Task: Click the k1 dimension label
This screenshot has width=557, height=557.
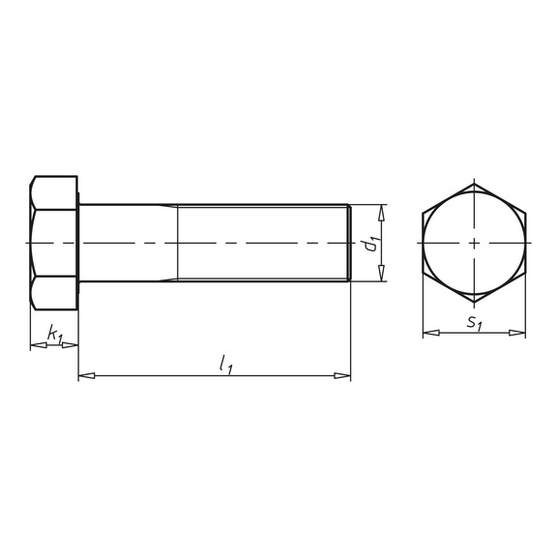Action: [x=55, y=335]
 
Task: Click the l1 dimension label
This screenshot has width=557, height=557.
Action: [x=226, y=365]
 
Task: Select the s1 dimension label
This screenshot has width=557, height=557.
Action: [x=475, y=323]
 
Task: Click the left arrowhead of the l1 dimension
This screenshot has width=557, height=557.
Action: [x=87, y=375]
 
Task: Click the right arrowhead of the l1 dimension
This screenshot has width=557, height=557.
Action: [x=342, y=375]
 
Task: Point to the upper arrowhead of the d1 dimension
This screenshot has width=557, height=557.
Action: [x=382, y=213]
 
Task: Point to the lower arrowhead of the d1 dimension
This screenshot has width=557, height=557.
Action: [x=382, y=273]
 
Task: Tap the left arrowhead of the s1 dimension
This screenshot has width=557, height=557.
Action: [x=431, y=333]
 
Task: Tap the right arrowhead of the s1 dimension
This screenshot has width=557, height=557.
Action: [x=516, y=333]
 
